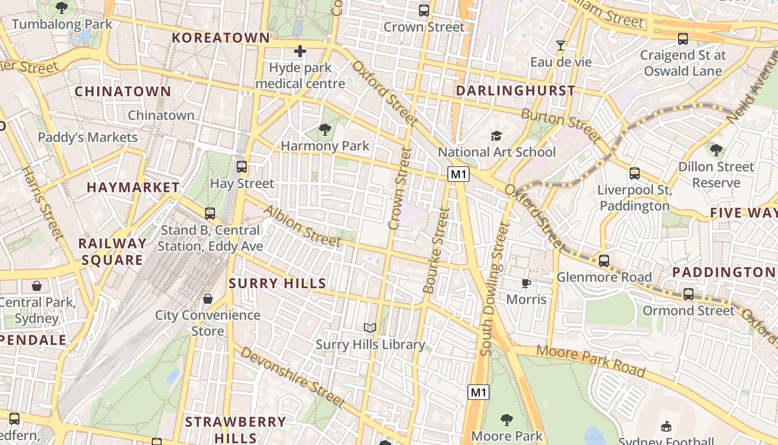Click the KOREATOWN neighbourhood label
click(x=221, y=38)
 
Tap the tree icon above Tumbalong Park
click(x=62, y=8)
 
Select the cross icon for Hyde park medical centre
click(x=300, y=52)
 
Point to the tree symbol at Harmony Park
click(x=325, y=130)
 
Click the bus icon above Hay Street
click(x=242, y=166)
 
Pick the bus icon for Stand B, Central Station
click(x=210, y=213)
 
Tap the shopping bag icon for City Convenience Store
click(x=208, y=299)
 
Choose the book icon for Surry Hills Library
click(x=370, y=328)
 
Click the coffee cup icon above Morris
click(x=526, y=284)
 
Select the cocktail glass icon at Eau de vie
click(x=561, y=46)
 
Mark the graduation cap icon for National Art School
click(x=496, y=136)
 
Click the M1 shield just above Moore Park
click(x=478, y=392)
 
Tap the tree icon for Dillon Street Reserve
click(x=716, y=150)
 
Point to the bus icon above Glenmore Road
click(x=604, y=260)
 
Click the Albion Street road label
click(x=302, y=226)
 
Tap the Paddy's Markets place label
click(x=88, y=137)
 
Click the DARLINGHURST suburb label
click(x=515, y=91)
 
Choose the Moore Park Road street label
click(x=591, y=360)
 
